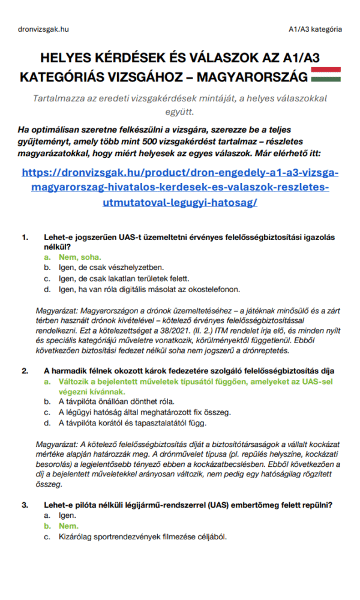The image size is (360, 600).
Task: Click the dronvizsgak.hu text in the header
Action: (44, 29)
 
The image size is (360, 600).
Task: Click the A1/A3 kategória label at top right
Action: (315, 29)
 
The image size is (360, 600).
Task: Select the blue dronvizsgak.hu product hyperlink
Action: (180, 187)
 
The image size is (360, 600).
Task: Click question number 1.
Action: (25, 237)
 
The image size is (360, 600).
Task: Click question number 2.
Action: (25, 371)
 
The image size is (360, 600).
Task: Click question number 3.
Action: (25, 505)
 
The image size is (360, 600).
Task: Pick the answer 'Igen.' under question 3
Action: (67, 515)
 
